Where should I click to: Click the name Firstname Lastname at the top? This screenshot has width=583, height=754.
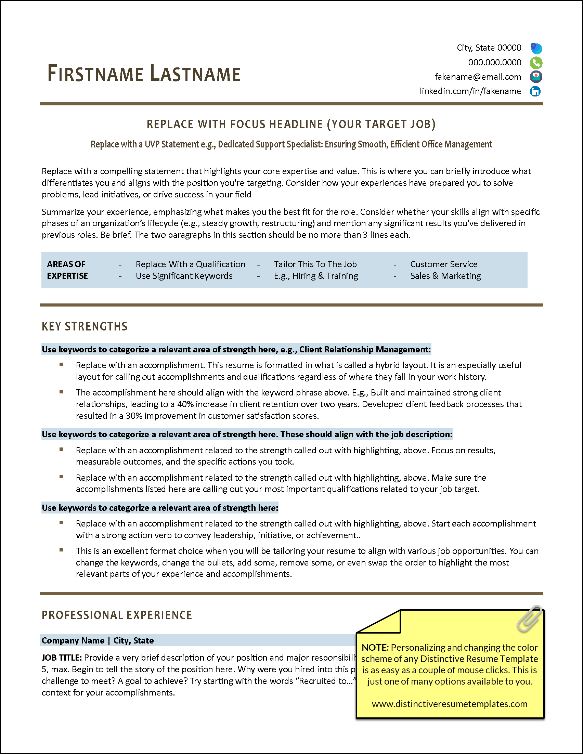click(x=144, y=74)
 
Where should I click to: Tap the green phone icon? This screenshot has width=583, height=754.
click(x=536, y=63)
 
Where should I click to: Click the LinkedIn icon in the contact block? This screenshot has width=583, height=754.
click(x=535, y=91)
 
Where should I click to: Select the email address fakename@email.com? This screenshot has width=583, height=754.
click(x=478, y=77)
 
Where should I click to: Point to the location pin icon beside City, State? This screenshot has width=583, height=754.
click(x=536, y=48)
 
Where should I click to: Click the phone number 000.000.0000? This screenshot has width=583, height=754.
click(x=494, y=63)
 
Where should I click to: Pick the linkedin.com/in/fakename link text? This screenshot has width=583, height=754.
click(x=470, y=91)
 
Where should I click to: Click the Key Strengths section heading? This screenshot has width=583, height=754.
click(x=85, y=326)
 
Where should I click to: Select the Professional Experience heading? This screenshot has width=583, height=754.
click(x=117, y=615)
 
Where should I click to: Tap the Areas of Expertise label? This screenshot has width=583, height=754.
click(x=67, y=270)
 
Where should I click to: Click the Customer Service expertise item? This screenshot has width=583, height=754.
click(x=443, y=264)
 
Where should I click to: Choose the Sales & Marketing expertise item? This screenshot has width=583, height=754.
click(x=445, y=276)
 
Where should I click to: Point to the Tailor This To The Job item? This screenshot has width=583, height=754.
click(x=315, y=264)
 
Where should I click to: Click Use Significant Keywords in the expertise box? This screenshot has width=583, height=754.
click(x=184, y=276)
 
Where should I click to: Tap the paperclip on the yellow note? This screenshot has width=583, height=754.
click(x=530, y=619)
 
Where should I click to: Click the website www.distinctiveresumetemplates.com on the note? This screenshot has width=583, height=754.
click(x=450, y=704)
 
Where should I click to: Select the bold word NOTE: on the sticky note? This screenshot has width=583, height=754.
click(x=375, y=648)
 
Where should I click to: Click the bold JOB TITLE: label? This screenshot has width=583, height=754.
click(x=62, y=658)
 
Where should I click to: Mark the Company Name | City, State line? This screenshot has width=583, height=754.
click(x=98, y=640)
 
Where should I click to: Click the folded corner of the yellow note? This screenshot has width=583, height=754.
click(x=383, y=623)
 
